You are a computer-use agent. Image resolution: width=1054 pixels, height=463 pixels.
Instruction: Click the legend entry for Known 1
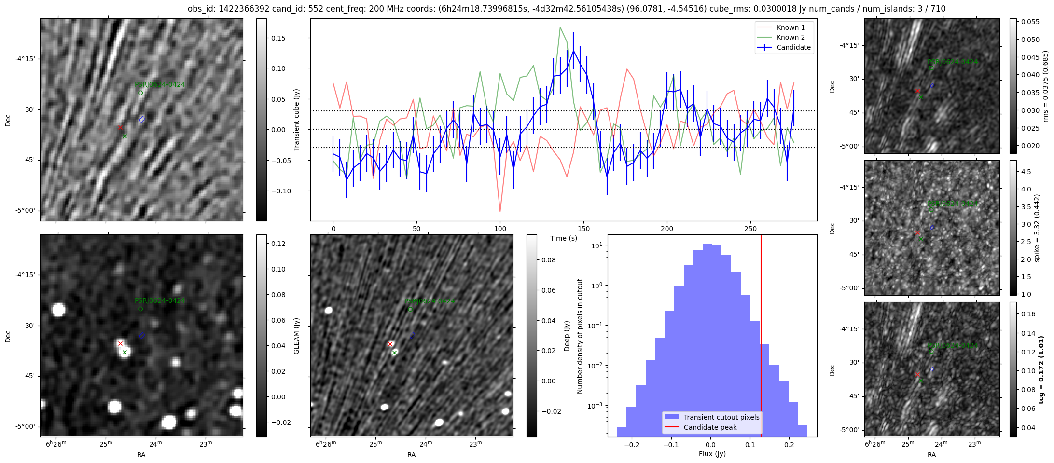(790, 27)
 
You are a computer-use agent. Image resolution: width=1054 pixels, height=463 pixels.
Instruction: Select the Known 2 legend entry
(790, 37)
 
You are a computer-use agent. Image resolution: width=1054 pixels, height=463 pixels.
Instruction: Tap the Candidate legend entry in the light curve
(793, 47)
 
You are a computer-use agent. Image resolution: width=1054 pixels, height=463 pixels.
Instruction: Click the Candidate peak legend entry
(710, 427)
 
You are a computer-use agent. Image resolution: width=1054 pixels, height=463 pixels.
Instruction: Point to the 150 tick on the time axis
(583, 229)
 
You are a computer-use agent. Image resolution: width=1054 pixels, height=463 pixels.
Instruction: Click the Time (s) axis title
(564, 238)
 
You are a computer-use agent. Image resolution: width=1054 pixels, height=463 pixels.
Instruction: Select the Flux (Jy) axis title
(712, 454)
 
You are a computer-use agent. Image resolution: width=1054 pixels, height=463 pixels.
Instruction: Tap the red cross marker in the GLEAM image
(120, 344)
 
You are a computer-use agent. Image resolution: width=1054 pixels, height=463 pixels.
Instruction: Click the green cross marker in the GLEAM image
(125, 353)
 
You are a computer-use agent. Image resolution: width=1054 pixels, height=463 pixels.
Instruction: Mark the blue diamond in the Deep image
(412, 335)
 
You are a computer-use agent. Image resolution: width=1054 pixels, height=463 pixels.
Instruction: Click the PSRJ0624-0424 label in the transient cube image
(160, 84)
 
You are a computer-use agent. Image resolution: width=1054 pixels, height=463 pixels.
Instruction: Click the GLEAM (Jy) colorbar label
(296, 336)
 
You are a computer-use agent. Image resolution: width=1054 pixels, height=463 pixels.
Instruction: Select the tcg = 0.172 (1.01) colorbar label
(1041, 369)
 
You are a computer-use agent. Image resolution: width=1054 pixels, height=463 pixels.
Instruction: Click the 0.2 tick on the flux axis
(789, 444)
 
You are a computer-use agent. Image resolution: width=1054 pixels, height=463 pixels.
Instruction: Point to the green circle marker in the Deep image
(410, 309)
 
